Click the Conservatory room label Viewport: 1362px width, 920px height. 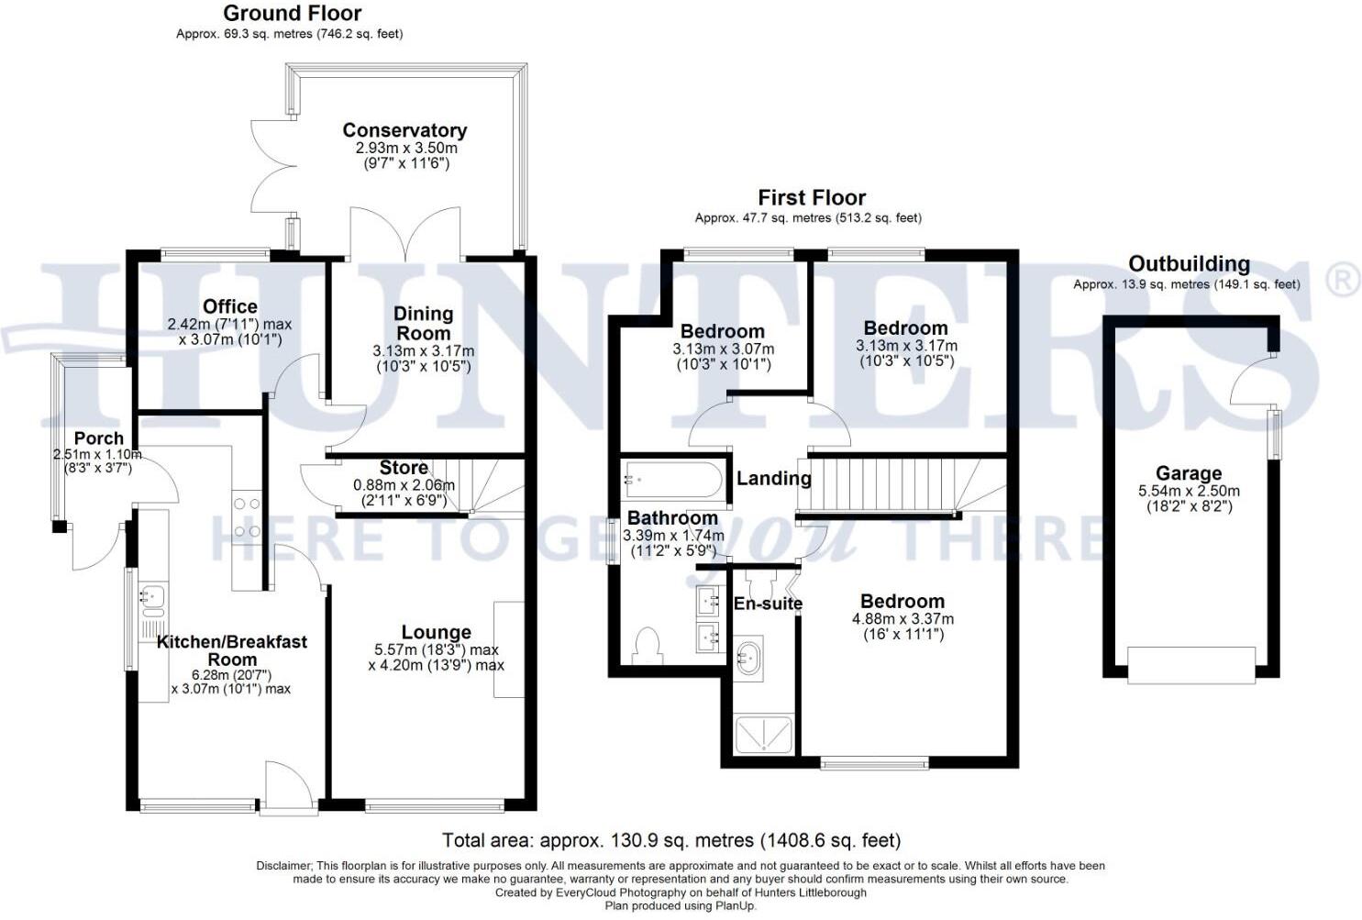coord(405,130)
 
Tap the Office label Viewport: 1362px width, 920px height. coord(230,306)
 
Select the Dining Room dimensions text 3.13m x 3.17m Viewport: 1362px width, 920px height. coord(423,351)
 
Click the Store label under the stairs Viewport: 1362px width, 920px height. coord(404,468)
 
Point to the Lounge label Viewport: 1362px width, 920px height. coord(437,632)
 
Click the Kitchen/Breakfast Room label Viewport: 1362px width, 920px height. coord(232,650)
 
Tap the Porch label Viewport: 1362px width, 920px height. coord(98,438)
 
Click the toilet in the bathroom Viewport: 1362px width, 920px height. coord(648,646)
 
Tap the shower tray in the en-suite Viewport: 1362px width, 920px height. coord(764,735)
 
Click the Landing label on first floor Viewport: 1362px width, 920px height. coord(774,479)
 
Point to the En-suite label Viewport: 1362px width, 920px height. coord(768,604)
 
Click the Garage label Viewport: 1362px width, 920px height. coord(1189,472)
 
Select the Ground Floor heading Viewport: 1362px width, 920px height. coord(293,13)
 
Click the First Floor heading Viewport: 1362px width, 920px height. coord(812,197)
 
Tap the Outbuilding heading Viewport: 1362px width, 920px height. coord(1190,264)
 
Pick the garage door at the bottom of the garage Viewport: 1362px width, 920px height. coord(1191,665)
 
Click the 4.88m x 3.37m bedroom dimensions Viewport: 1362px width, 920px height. coord(902,619)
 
